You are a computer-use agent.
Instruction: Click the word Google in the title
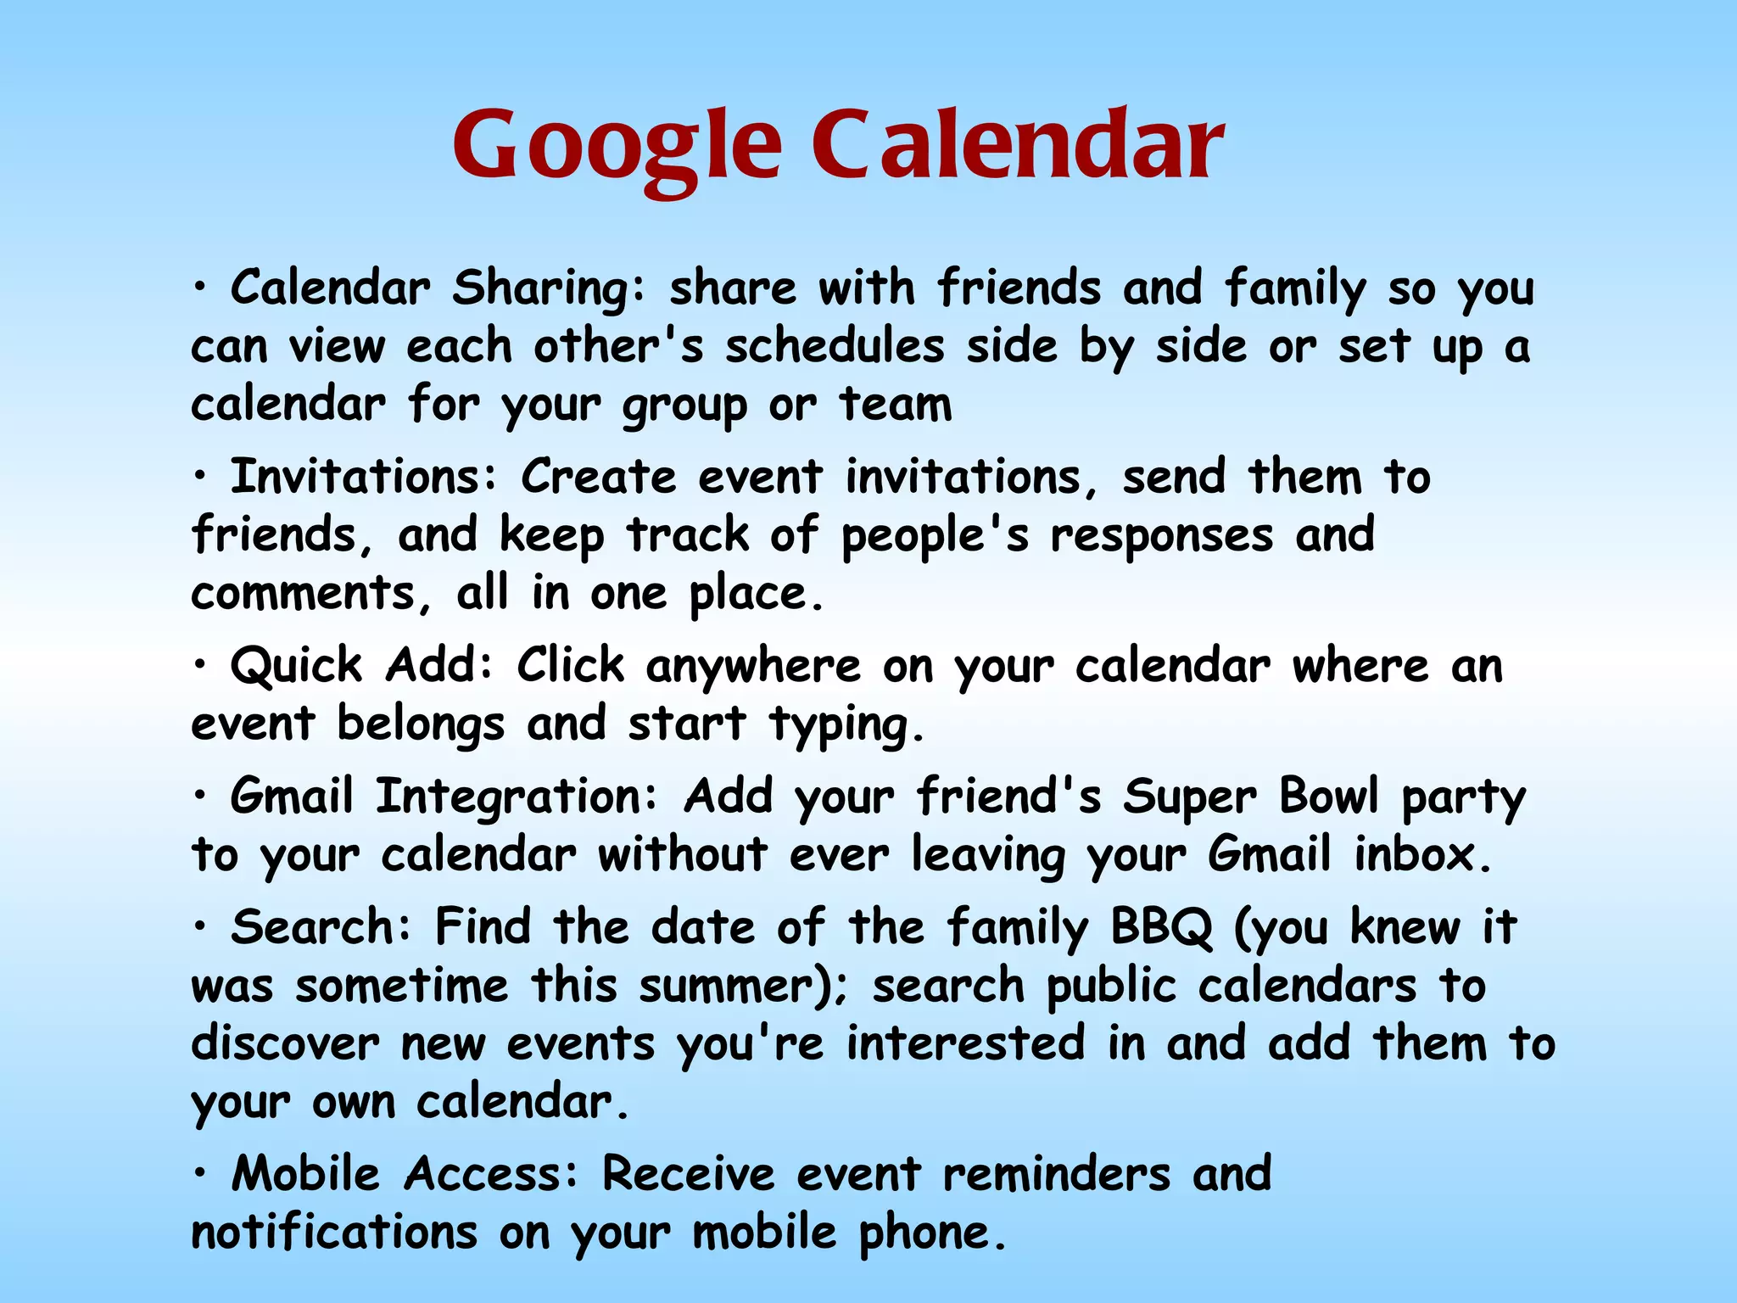coord(617,146)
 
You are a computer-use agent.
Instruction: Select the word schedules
coord(835,346)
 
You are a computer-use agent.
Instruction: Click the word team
coord(896,404)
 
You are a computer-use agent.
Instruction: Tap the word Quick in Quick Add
coord(297,666)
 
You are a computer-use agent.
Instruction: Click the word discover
coord(285,1043)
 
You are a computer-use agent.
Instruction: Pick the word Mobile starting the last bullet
coord(305,1175)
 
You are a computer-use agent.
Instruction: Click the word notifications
coord(334,1233)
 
